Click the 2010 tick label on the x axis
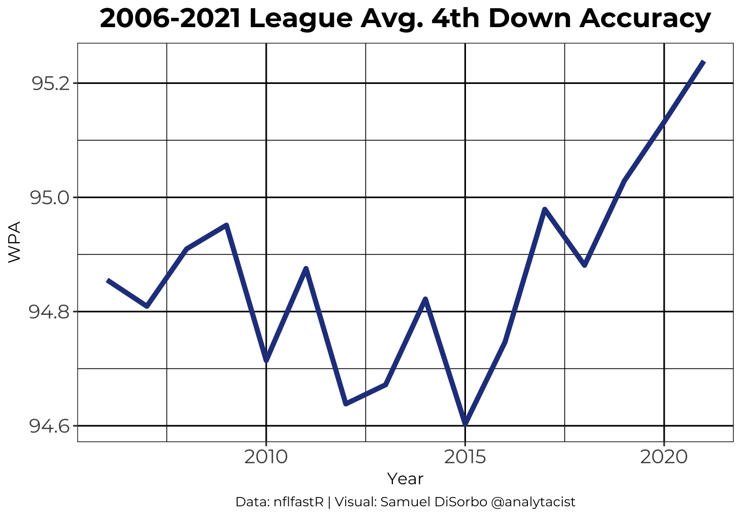pyautogui.click(x=266, y=456)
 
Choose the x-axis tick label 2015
pyautogui.click(x=465, y=456)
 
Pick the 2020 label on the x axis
pyautogui.click(x=664, y=456)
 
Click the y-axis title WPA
pyautogui.click(x=14, y=242)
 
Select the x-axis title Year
pyautogui.click(x=405, y=479)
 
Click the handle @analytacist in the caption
pyautogui.click(x=533, y=502)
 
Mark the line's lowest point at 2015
pyautogui.click(x=465, y=424)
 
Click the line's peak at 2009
pyautogui.click(x=226, y=225)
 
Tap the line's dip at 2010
pyautogui.click(x=266, y=361)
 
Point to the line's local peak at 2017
pyautogui.click(x=545, y=209)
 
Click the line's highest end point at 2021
pyautogui.click(x=704, y=62)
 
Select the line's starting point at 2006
pyautogui.click(x=108, y=280)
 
